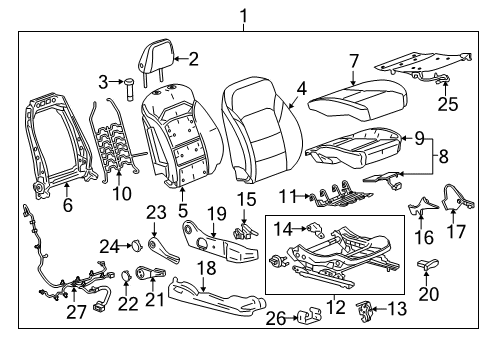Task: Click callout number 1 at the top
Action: [x=240, y=14]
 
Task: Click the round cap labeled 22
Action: [x=128, y=276]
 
